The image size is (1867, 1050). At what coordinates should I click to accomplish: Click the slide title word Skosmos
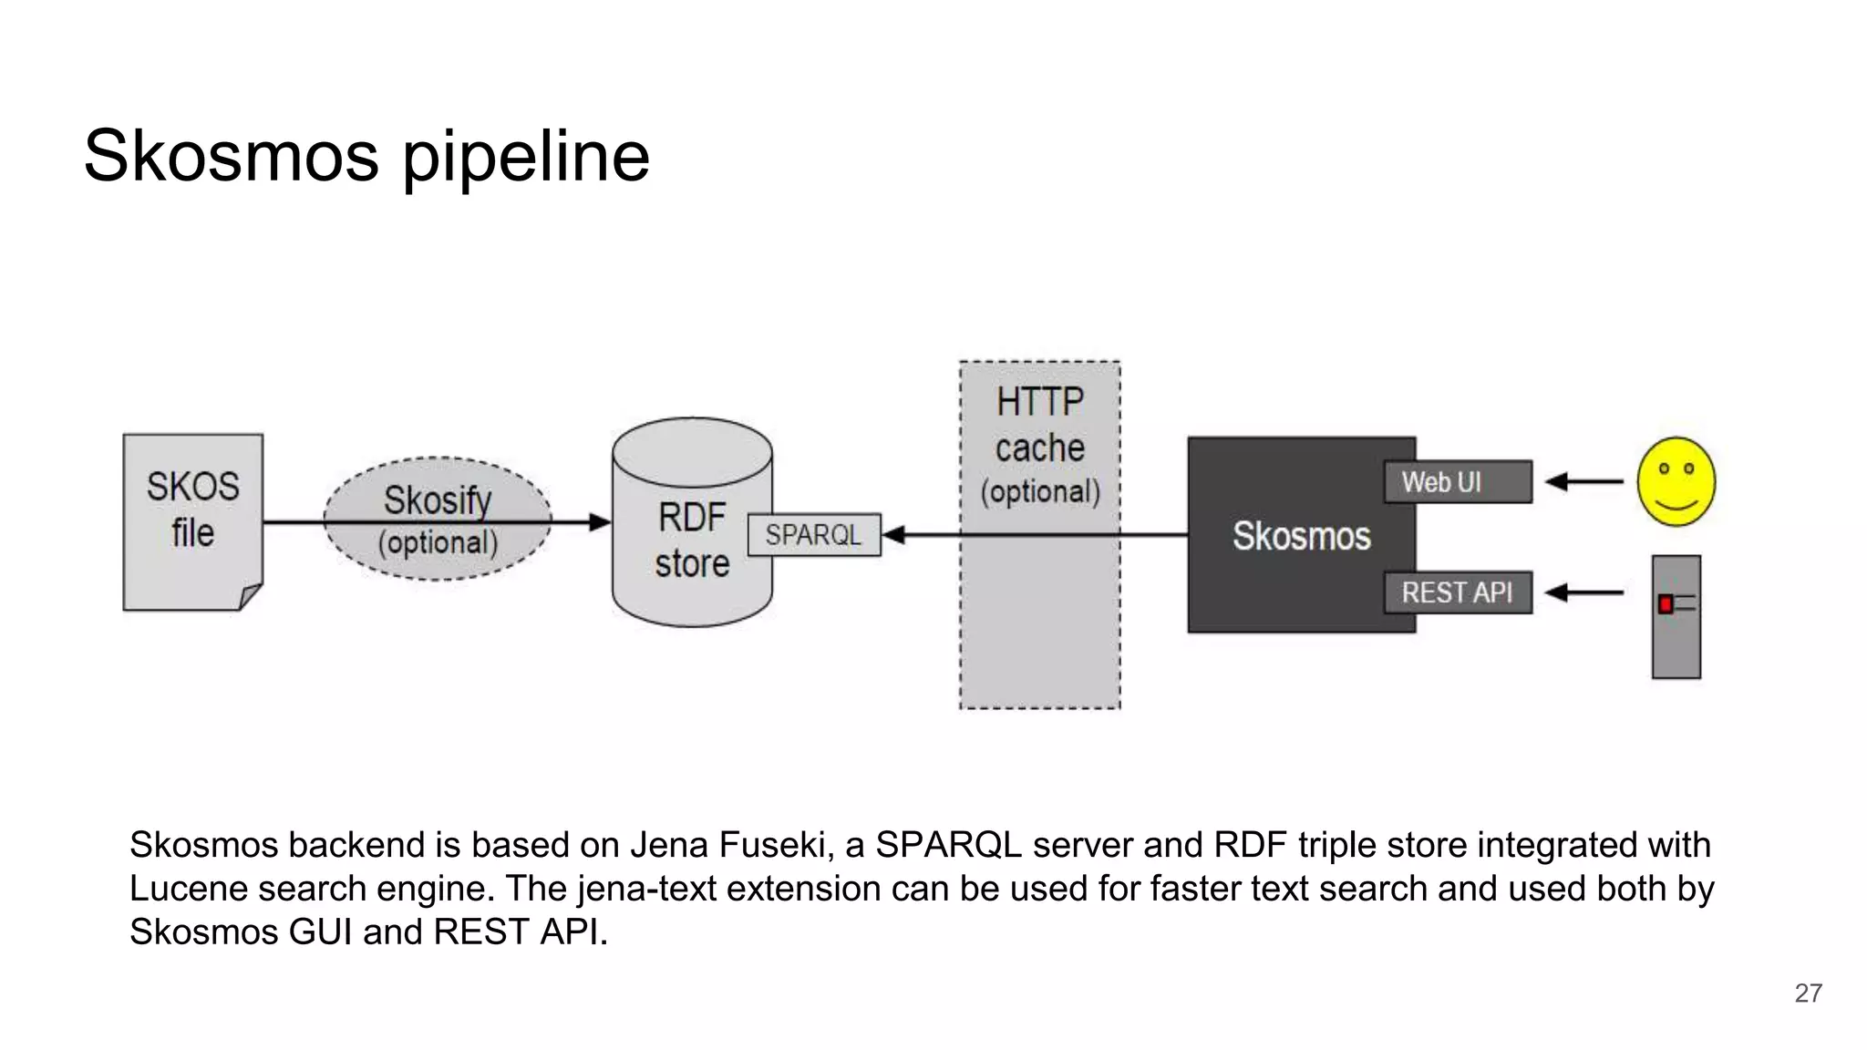231,156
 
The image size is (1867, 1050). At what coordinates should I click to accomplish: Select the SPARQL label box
813,535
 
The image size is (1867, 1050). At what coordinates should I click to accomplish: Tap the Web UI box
1457,482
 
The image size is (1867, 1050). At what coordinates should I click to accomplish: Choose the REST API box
1457,592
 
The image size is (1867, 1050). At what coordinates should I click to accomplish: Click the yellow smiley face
1676,481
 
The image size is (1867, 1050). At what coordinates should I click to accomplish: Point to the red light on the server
1666,603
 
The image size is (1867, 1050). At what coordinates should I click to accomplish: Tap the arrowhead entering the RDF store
600,522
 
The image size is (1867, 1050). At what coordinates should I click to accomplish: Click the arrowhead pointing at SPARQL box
893,535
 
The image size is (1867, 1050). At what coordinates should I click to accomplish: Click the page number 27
1808,993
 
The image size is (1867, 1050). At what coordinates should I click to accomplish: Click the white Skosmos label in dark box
1301,536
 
